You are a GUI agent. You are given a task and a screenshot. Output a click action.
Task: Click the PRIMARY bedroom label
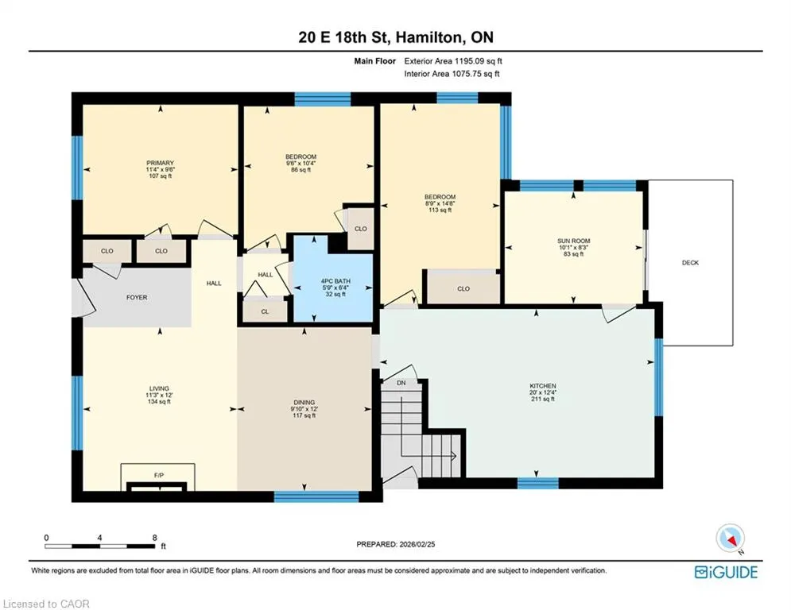pos(160,163)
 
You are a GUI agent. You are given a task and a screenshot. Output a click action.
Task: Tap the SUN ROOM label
pos(574,241)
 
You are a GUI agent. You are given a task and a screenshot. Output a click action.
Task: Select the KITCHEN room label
pos(543,386)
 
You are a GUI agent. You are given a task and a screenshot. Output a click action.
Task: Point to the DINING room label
pos(304,402)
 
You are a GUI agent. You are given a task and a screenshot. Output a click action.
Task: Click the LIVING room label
pos(159,388)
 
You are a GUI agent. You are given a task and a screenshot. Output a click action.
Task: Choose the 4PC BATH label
pos(335,281)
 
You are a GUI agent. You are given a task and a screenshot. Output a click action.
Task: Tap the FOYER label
pos(137,297)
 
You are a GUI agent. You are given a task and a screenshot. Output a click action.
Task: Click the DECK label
pos(690,263)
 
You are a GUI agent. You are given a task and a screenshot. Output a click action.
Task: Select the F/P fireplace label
pos(159,476)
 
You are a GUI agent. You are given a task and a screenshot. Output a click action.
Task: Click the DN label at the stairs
pos(401,383)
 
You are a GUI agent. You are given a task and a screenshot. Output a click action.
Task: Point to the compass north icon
pos(731,539)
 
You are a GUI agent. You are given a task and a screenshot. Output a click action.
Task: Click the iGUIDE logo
pos(726,572)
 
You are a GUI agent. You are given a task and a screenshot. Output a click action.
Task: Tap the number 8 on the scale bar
pos(155,538)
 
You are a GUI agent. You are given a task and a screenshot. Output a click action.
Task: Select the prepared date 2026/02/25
pos(417,544)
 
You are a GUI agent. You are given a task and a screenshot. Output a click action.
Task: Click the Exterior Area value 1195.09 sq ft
pos(479,61)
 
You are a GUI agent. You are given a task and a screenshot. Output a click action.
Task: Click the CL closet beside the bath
pos(265,311)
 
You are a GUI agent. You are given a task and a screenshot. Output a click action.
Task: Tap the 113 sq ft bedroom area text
pos(440,210)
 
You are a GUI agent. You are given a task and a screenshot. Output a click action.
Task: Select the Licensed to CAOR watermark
pos(46,604)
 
